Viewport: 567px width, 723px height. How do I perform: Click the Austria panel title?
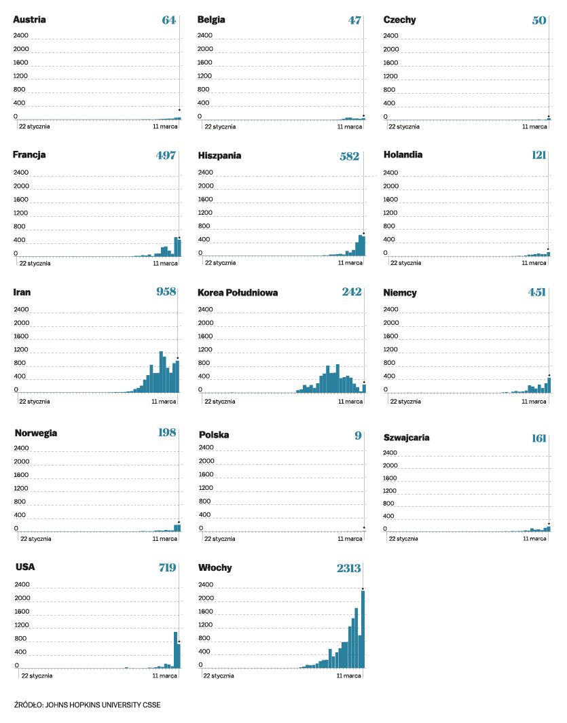pos(29,20)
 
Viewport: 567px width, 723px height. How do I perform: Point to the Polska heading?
pos(213,435)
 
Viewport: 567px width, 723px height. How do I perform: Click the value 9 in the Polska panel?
pos(358,436)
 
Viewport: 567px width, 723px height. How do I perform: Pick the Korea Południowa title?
pos(238,293)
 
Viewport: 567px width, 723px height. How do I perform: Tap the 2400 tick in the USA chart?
pos(22,584)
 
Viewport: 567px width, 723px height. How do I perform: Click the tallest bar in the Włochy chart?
pos(363,629)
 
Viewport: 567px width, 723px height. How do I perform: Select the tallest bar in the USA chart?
pos(175,650)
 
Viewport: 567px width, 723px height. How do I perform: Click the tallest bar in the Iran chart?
pos(161,372)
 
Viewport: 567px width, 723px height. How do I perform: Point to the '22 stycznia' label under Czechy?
pos(403,126)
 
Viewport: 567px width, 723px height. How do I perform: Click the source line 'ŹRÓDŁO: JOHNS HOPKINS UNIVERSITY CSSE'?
pos(88,705)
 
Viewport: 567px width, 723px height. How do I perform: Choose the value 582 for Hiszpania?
pos(349,156)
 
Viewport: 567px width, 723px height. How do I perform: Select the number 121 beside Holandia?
pos(539,155)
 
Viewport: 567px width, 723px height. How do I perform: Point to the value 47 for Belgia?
pos(354,20)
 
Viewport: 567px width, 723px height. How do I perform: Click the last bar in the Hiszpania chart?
pos(363,246)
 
